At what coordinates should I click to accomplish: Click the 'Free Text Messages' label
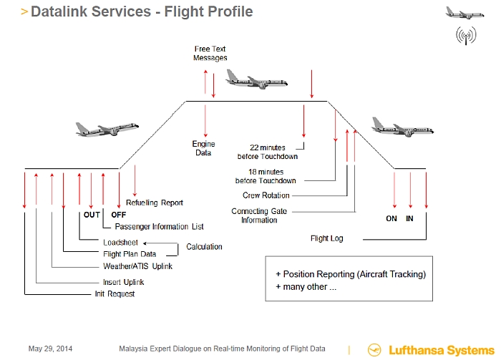pyautogui.click(x=210, y=54)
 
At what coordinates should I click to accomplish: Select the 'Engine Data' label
pyautogui.click(x=203, y=148)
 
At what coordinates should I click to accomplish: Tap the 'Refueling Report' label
pyautogui.click(x=155, y=203)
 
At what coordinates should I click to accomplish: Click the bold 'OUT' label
pyautogui.click(x=92, y=215)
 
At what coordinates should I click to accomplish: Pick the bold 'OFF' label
pyautogui.click(x=119, y=215)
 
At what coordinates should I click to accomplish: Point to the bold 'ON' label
pyautogui.click(x=391, y=218)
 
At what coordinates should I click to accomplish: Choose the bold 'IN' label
pyautogui.click(x=409, y=218)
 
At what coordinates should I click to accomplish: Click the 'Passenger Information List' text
pyautogui.click(x=159, y=227)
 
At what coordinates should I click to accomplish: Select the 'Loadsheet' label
pyautogui.click(x=120, y=243)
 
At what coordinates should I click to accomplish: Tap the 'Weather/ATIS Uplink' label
pyautogui.click(x=137, y=266)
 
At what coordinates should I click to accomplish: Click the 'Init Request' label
pyautogui.click(x=115, y=294)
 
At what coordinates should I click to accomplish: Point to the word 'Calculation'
pyautogui.click(x=204, y=247)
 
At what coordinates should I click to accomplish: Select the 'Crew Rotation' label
pyautogui.click(x=266, y=195)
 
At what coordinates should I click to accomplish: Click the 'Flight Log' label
pyautogui.click(x=327, y=238)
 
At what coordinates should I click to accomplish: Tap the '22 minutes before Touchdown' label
pyautogui.click(x=268, y=152)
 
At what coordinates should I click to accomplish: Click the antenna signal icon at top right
pyautogui.click(x=466, y=36)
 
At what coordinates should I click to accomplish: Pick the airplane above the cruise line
pyautogui.click(x=256, y=79)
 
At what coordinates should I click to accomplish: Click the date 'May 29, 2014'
pyautogui.click(x=51, y=349)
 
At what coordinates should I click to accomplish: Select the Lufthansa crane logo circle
pyautogui.click(x=374, y=350)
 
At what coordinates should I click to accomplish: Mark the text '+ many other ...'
pyautogui.click(x=306, y=287)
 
